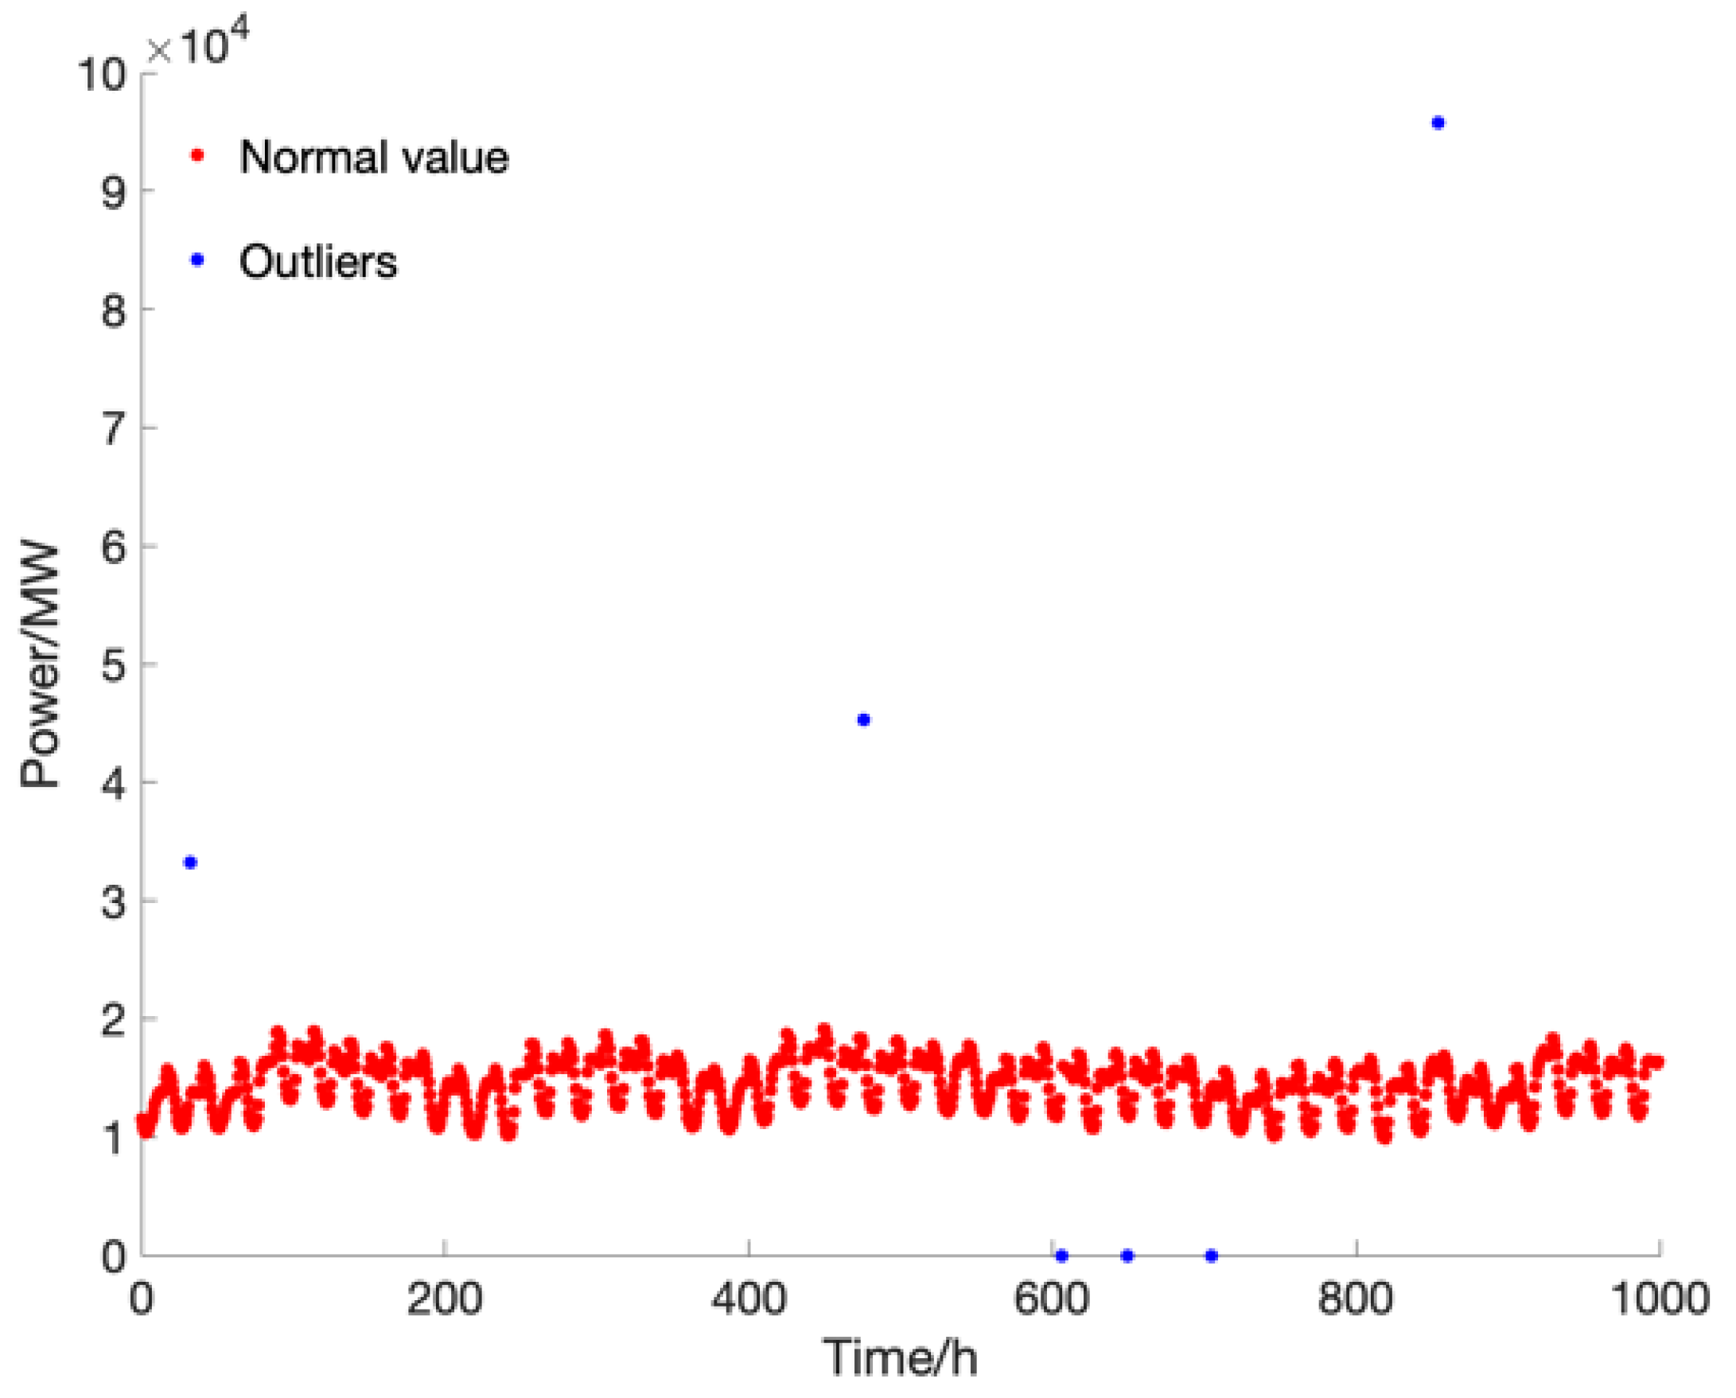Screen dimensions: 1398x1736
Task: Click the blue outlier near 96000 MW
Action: pyautogui.click(x=1438, y=123)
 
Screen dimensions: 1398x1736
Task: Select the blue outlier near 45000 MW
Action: pyautogui.click(x=864, y=720)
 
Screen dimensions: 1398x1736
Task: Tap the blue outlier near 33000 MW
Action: pyautogui.click(x=191, y=863)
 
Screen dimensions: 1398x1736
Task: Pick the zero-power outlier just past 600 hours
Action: pyautogui.click(x=1061, y=1256)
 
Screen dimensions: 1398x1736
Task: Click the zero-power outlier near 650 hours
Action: pyautogui.click(x=1127, y=1256)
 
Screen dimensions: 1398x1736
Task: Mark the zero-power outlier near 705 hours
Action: pyautogui.click(x=1211, y=1256)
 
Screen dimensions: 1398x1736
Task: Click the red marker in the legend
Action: pyautogui.click(x=197, y=155)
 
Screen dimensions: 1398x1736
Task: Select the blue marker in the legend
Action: pyautogui.click(x=197, y=260)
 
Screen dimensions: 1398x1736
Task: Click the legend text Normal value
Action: pyautogui.click(x=374, y=156)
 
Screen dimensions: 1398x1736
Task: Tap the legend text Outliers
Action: pyautogui.click(x=318, y=262)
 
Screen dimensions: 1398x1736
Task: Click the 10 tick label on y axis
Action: pyautogui.click(x=102, y=75)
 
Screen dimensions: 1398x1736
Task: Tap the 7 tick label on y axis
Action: pyautogui.click(x=114, y=428)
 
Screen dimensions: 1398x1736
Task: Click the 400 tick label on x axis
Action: pyautogui.click(x=748, y=1299)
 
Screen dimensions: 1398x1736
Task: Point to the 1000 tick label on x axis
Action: pyautogui.click(x=1660, y=1299)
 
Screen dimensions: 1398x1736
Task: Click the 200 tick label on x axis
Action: pyautogui.click(x=444, y=1299)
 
